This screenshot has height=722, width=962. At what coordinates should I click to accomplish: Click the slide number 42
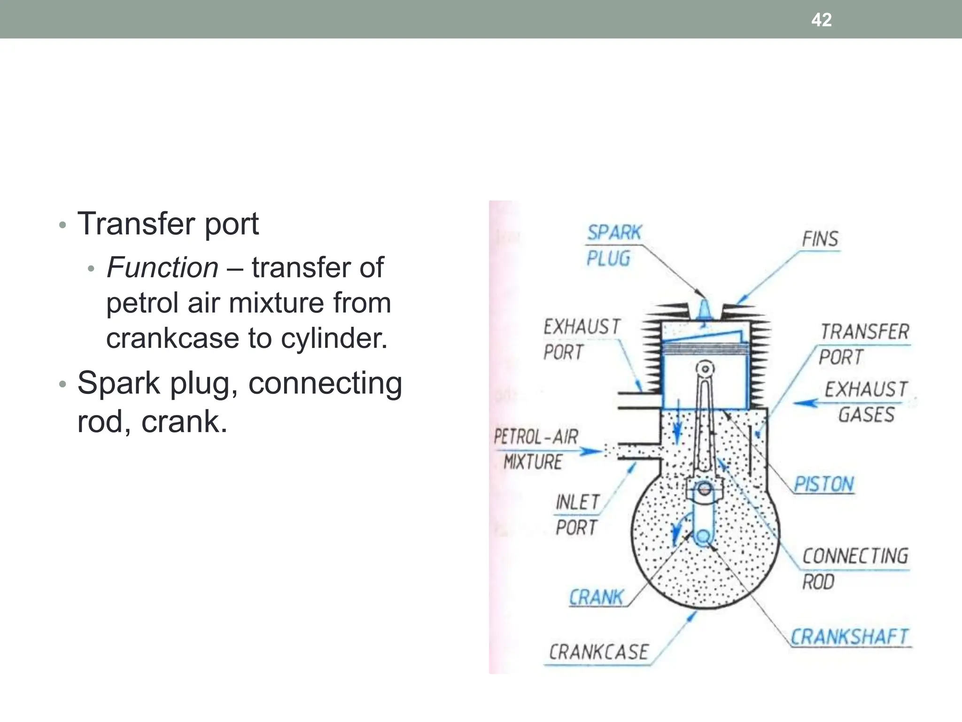pos(821,20)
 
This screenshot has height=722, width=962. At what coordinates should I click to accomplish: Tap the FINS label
pos(820,239)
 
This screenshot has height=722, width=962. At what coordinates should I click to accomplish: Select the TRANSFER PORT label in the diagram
pos(863,344)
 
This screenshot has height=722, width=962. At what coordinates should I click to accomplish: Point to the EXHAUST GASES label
pos(866,402)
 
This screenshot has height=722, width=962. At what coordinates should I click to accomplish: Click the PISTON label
pos(823,484)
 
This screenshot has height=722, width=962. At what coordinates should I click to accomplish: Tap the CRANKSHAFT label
pos(849,637)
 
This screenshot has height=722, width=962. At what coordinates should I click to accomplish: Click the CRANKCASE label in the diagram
pos(598,652)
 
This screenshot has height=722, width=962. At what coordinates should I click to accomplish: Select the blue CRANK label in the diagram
pos(596,597)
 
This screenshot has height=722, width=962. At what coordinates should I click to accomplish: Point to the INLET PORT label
pos(577,515)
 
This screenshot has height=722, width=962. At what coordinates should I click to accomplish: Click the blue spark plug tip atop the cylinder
pos(704,310)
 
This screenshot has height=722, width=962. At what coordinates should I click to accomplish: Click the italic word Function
pos(163,267)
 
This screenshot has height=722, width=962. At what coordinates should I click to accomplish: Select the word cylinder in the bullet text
pos(334,338)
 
